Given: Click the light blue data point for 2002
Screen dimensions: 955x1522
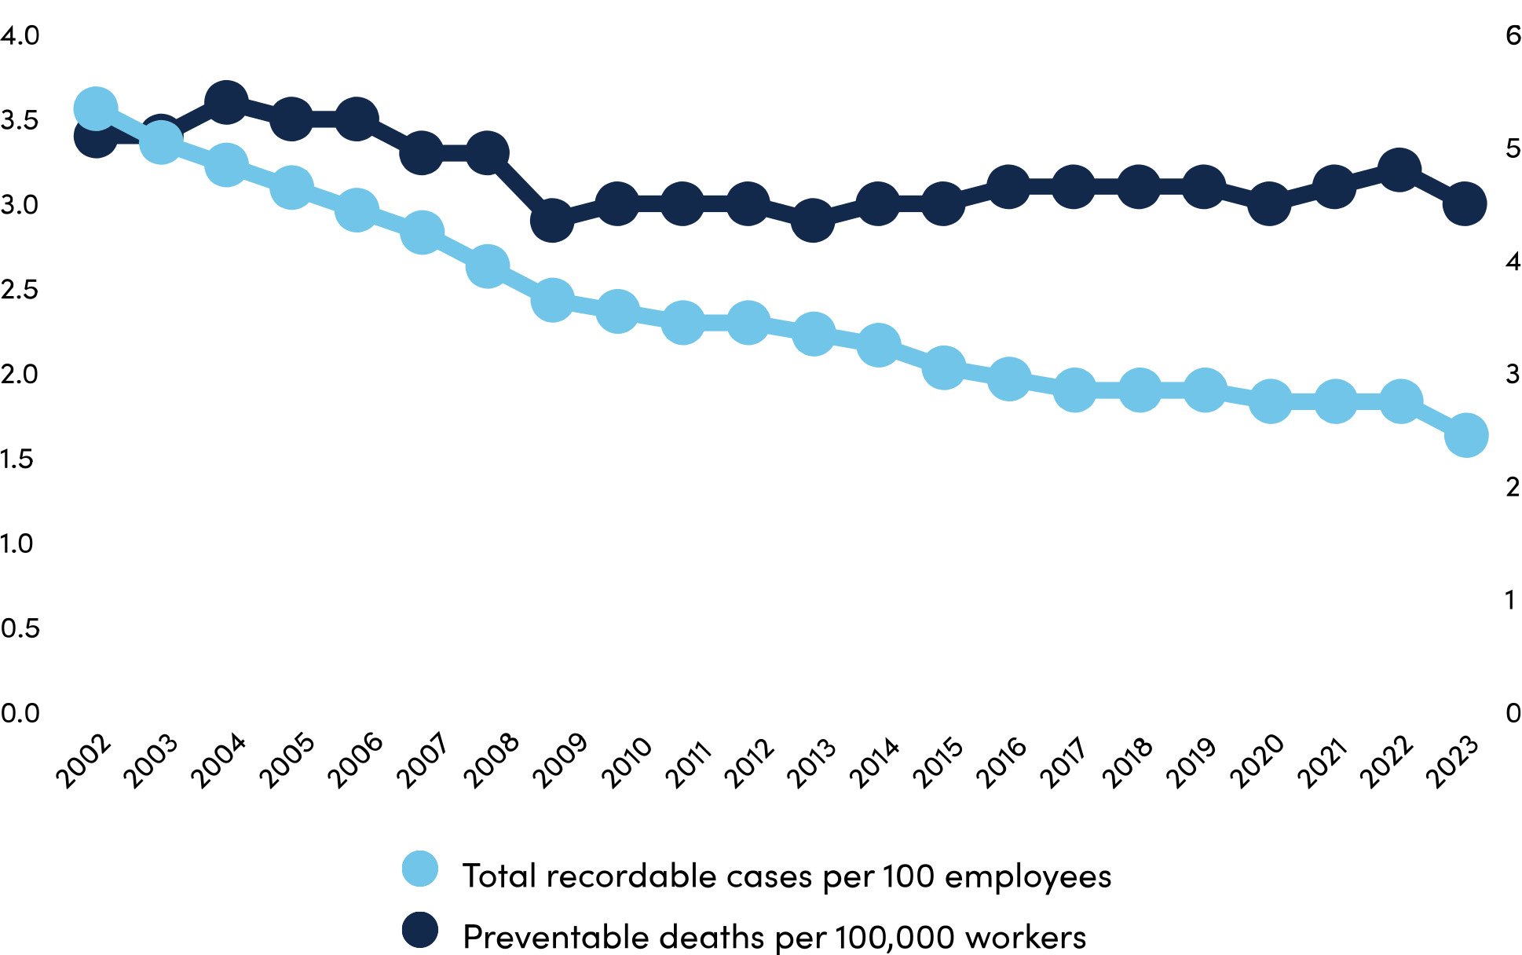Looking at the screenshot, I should [x=96, y=108].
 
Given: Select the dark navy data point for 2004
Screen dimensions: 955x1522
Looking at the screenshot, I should [x=226, y=102].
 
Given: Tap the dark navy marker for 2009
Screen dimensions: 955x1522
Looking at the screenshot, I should [x=551, y=221].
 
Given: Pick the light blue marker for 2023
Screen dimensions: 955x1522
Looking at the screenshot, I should [x=1465, y=435].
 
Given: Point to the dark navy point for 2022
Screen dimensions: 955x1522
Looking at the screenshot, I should [x=1399, y=170].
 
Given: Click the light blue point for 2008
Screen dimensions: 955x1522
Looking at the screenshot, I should [x=487, y=266].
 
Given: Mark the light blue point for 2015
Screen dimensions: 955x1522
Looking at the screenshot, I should [x=943, y=368].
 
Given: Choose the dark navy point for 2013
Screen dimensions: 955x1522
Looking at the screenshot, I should [x=813, y=221].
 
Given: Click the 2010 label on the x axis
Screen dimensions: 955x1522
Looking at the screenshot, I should [x=627, y=760].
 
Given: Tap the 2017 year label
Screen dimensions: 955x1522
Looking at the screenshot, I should [x=1064, y=760].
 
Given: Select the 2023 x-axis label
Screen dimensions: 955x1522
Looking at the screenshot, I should [x=1452, y=760].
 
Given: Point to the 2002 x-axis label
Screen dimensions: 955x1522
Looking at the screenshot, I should [x=83, y=760].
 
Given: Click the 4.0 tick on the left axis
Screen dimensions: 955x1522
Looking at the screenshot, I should [x=20, y=36].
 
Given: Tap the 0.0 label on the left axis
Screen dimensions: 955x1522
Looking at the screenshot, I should [x=20, y=713].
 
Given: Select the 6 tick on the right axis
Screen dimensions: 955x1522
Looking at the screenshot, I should [x=1513, y=36].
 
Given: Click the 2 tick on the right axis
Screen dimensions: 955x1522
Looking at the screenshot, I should [x=1513, y=488].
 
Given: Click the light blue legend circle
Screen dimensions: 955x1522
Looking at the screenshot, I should [x=420, y=869].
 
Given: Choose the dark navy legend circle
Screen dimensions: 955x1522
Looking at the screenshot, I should [x=420, y=930].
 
